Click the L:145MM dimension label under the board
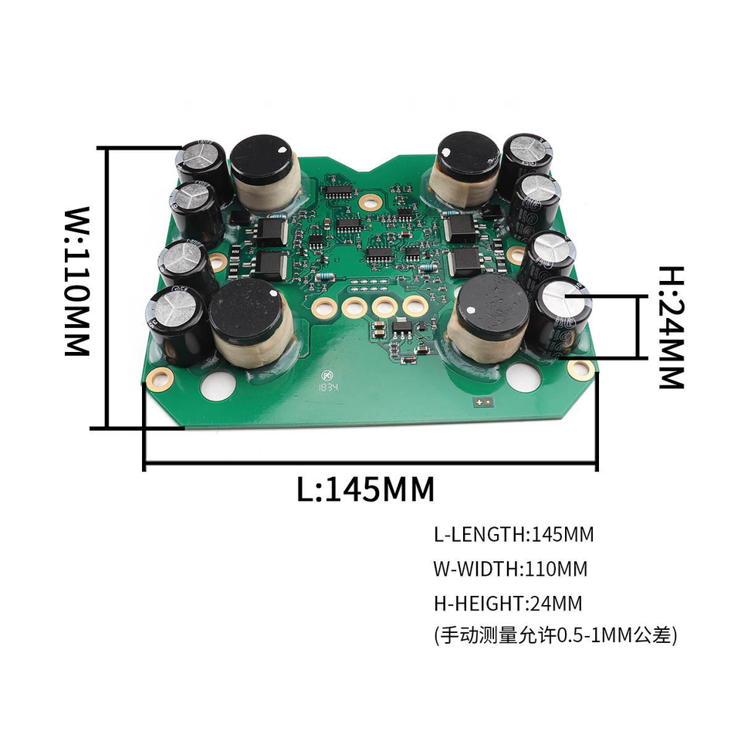(x=365, y=489)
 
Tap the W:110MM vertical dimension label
(x=77, y=281)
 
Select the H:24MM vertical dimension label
(x=672, y=327)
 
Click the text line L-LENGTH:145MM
(x=514, y=534)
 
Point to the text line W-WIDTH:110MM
(x=510, y=570)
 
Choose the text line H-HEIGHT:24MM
(x=508, y=603)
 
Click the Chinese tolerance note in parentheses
(x=556, y=636)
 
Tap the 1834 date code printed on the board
(x=330, y=387)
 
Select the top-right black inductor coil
(x=463, y=167)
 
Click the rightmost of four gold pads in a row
(x=415, y=305)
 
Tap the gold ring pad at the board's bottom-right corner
(x=580, y=370)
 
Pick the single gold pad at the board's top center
(x=371, y=199)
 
